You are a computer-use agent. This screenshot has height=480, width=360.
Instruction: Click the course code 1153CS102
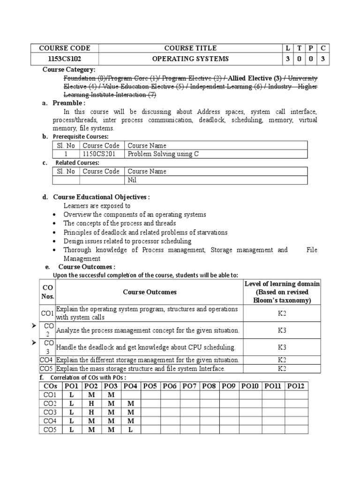pos(64,59)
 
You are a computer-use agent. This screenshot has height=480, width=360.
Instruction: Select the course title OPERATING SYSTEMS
pos(190,59)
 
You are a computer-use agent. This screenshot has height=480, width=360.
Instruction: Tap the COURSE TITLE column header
pos(190,48)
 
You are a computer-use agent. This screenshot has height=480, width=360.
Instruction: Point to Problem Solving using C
pos(163,154)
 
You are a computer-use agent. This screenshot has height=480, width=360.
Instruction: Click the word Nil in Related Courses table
pos(132,180)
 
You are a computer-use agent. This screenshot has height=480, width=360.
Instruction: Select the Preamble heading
pos(69,103)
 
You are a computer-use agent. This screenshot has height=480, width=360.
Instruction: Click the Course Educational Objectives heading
pos(101,197)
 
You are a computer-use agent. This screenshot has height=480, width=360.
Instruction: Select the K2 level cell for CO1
pos(282,313)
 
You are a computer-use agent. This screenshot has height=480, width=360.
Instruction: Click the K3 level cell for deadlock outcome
pos(282,347)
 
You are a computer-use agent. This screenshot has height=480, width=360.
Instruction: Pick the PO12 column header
pos(296,386)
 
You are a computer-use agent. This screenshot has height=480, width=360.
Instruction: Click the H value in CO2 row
pos(91,403)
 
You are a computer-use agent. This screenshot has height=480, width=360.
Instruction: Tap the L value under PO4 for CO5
pos(131,430)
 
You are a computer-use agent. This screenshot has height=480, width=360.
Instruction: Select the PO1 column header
pos(72,386)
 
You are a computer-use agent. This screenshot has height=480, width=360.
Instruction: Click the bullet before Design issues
pos(55,241)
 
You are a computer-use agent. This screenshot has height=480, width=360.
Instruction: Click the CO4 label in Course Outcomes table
pos(47,360)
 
